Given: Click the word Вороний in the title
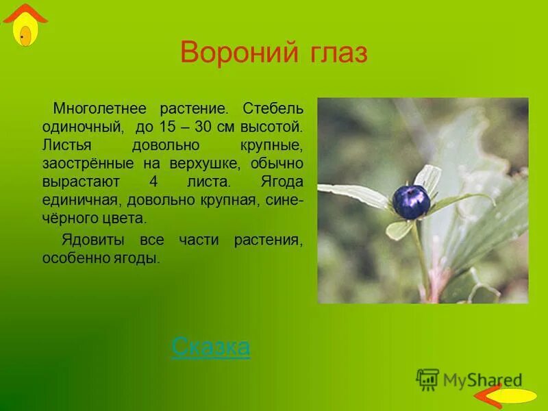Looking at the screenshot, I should coord(234,52).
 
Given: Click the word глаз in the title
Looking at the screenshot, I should coord(333,53).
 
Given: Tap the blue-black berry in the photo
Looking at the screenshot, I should coord(411,201).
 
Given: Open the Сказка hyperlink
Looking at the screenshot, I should coord(210,347).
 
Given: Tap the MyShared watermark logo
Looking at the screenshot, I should coord(470,379).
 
